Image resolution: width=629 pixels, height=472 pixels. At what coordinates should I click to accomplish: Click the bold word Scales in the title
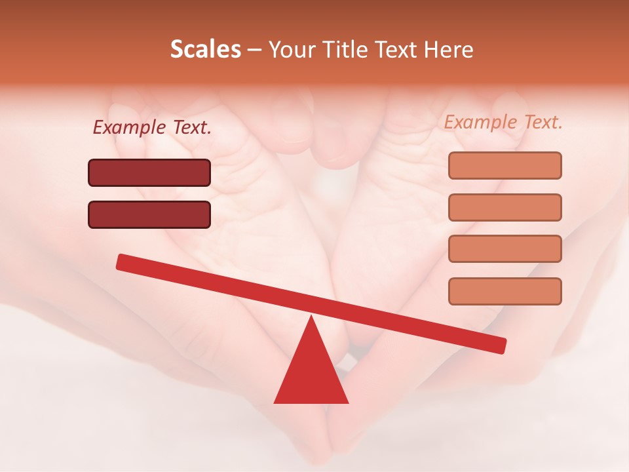pos(205,50)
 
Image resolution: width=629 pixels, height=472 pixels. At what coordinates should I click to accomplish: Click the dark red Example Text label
pos(152,128)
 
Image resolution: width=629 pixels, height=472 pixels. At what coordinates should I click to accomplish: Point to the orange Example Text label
pos(503,122)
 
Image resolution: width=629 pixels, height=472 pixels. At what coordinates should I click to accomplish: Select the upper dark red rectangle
pos(149,173)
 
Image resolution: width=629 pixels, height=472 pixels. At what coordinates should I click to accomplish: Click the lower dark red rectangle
pos(149,214)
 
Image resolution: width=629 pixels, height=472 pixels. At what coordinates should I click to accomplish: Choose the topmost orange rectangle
pos(505,166)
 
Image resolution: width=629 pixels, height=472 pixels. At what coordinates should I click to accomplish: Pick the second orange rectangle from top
pos(505,207)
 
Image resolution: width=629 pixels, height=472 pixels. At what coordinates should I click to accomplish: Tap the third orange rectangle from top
pos(505,249)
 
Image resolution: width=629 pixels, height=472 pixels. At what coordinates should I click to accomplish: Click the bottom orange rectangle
pos(505,291)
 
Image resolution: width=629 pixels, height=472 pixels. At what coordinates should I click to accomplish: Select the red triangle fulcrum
pos(311,374)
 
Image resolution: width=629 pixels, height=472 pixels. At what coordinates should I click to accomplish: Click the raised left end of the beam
pos(121,262)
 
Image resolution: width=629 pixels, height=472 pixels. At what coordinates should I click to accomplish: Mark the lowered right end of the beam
pos(501,345)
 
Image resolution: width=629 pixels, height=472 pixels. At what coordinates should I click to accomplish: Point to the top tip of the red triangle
pos(312,317)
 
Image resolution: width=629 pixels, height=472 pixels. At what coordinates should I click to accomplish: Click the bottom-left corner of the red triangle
pos(275,403)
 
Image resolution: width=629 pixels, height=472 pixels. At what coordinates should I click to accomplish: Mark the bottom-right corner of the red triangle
pos(348,403)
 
